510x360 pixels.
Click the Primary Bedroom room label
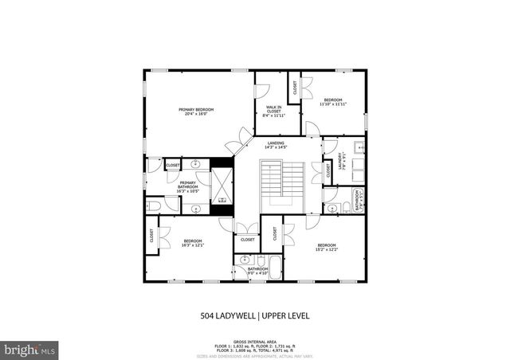195,112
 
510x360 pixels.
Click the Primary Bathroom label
187,188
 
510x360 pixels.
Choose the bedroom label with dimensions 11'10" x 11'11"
332,102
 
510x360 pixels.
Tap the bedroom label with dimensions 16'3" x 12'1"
194,243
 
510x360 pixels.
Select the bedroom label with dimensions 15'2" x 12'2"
327,246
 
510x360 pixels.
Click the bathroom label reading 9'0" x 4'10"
257,271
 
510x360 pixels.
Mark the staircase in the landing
283,183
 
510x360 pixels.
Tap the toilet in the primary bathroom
154,206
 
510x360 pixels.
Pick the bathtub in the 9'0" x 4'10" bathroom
274,266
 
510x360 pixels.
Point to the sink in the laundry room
359,147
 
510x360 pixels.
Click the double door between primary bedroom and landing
237,143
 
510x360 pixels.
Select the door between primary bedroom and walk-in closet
261,83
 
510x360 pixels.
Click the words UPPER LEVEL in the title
284,316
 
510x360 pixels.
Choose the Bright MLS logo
30,349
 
